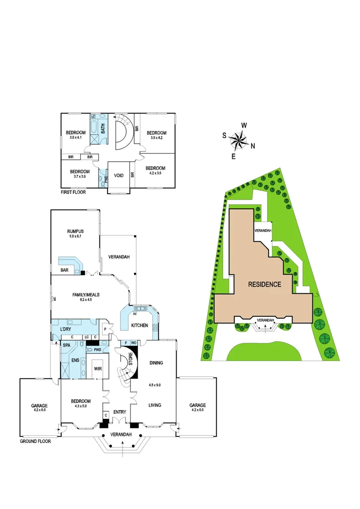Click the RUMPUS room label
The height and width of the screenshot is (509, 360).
[x=75, y=231]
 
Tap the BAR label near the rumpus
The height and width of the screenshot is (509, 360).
[x=65, y=271]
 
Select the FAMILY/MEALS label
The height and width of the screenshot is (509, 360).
[x=86, y=295]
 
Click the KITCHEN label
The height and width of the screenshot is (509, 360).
[x=139, y=326]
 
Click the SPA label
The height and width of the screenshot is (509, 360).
[x=66, y=345]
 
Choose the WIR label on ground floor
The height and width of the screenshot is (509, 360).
[x=98, y=368]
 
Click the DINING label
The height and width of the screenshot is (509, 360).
[x=156, y=363]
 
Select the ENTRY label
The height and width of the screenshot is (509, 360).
[x=119, y=412]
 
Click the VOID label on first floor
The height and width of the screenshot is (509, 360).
[x=119, y=175]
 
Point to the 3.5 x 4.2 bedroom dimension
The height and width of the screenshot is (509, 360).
[x=155, y=138]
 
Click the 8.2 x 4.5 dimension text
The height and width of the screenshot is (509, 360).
[x=86, y=300]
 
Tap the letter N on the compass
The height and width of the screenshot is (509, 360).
[x=253, y=146]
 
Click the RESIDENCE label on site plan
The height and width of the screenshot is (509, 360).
[x=265, y=284]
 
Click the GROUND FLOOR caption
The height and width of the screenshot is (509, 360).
[x=35, y=442]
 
